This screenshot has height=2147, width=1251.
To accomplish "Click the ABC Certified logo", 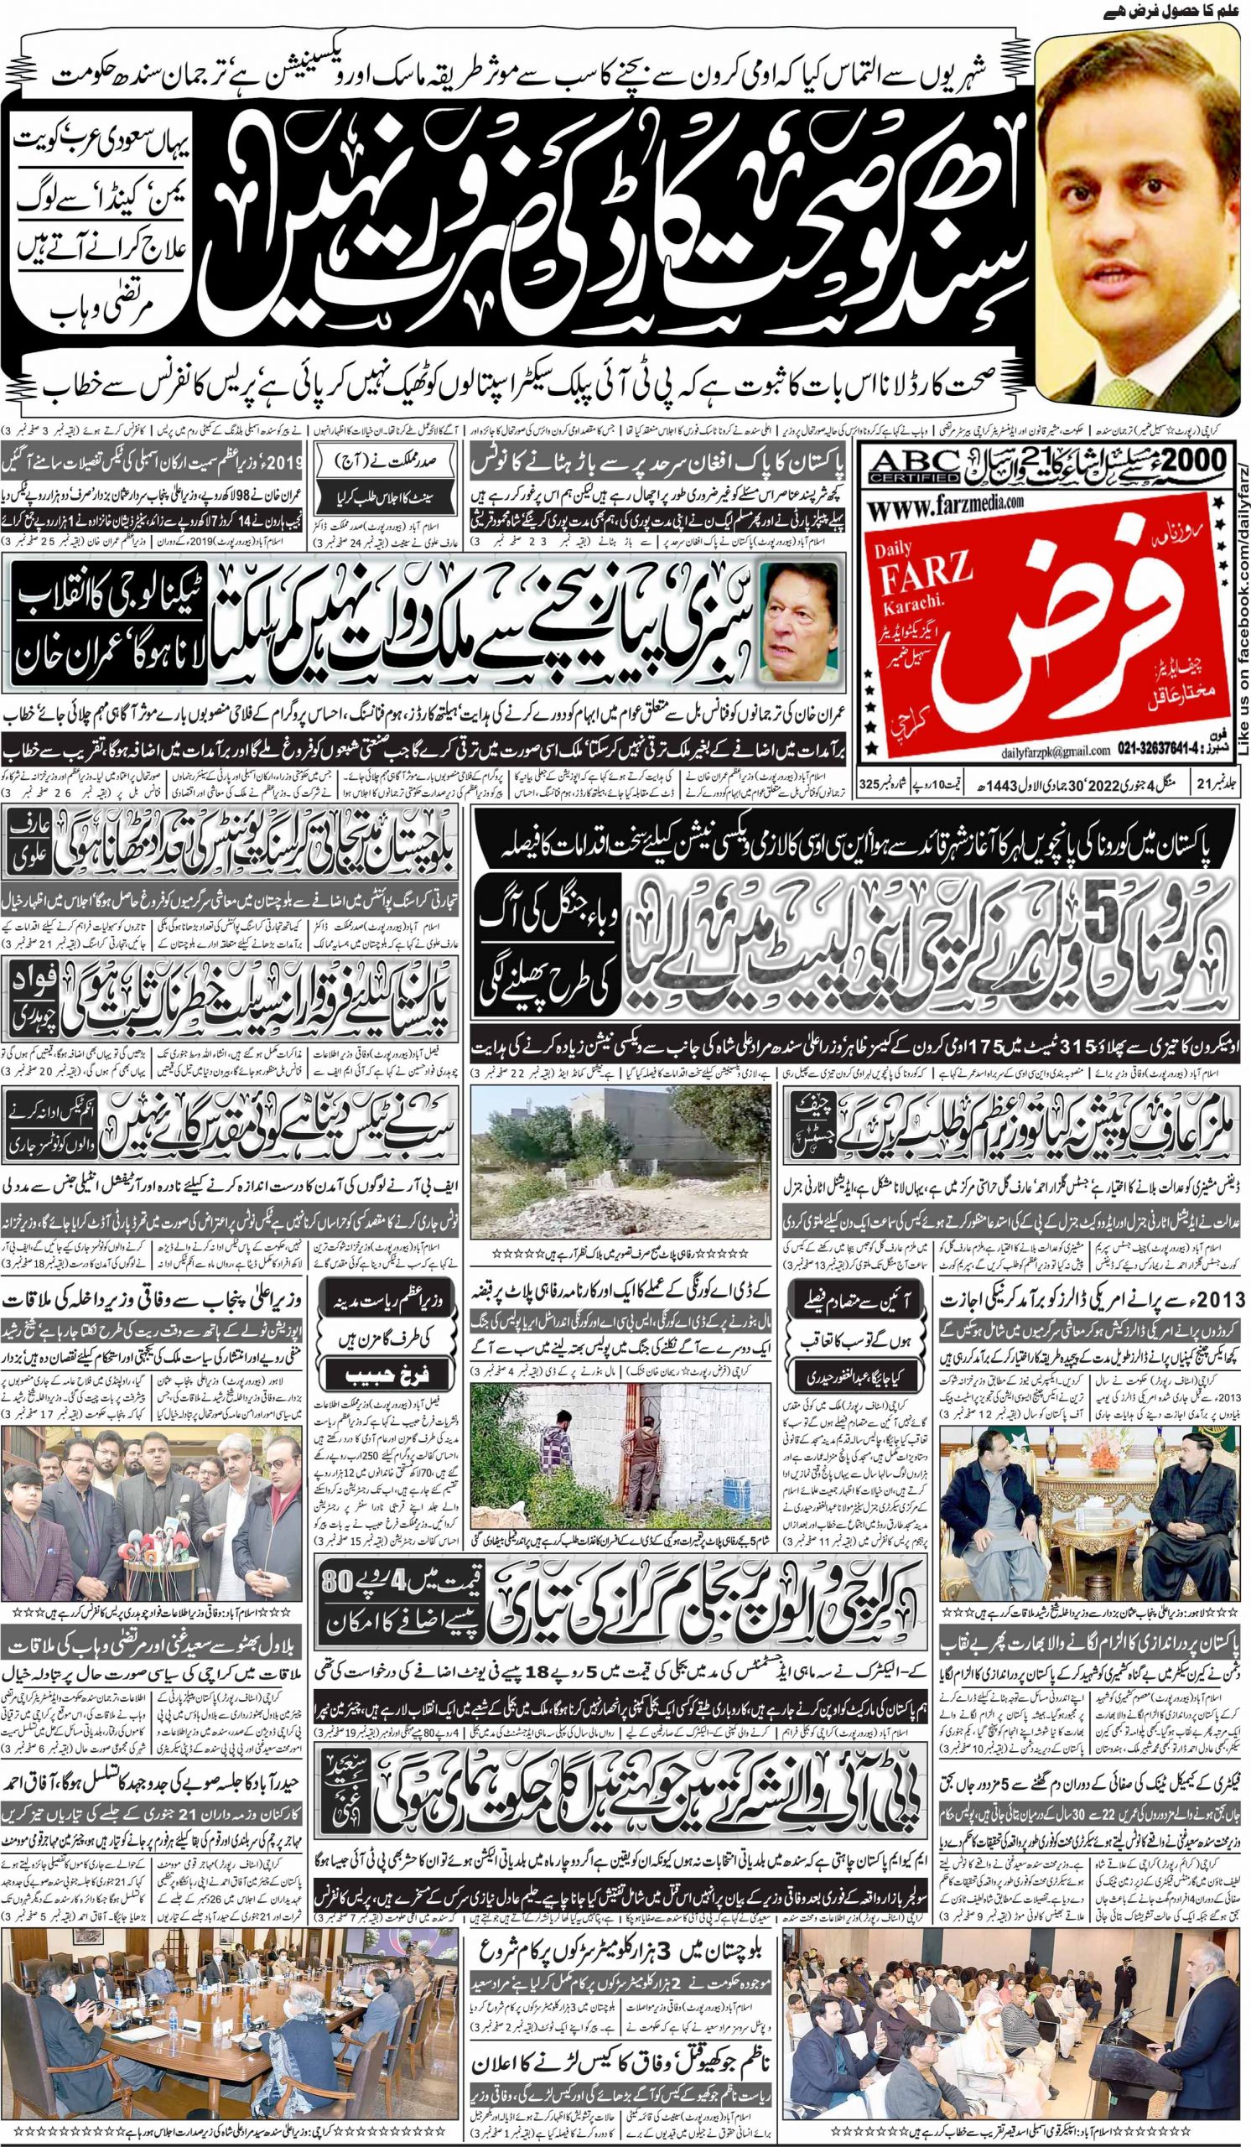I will (x=906, y=467).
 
